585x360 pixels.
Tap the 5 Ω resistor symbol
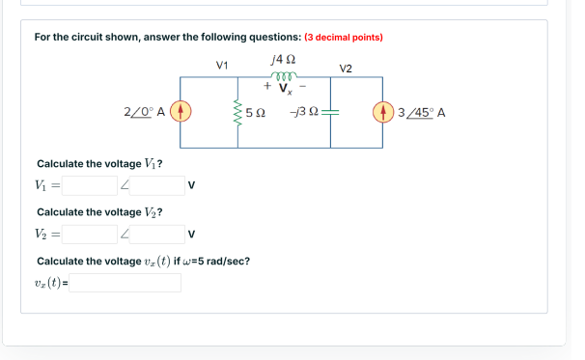coord(237,113)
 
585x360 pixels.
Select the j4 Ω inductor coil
coord(284,78)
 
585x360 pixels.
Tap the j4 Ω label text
coord(284,61)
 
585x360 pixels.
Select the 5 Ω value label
coord(256,113)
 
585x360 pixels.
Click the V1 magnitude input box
coord(91,184)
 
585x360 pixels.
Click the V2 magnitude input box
coord(91,234)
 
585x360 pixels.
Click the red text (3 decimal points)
coord(344,38)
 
